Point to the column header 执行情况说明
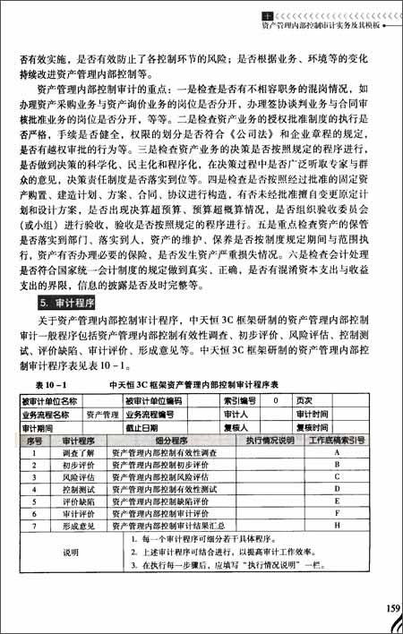tap(270, 440)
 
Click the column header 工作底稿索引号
tap(337, 440)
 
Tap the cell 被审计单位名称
tap(47, 400)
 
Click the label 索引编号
tap(239, 400)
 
